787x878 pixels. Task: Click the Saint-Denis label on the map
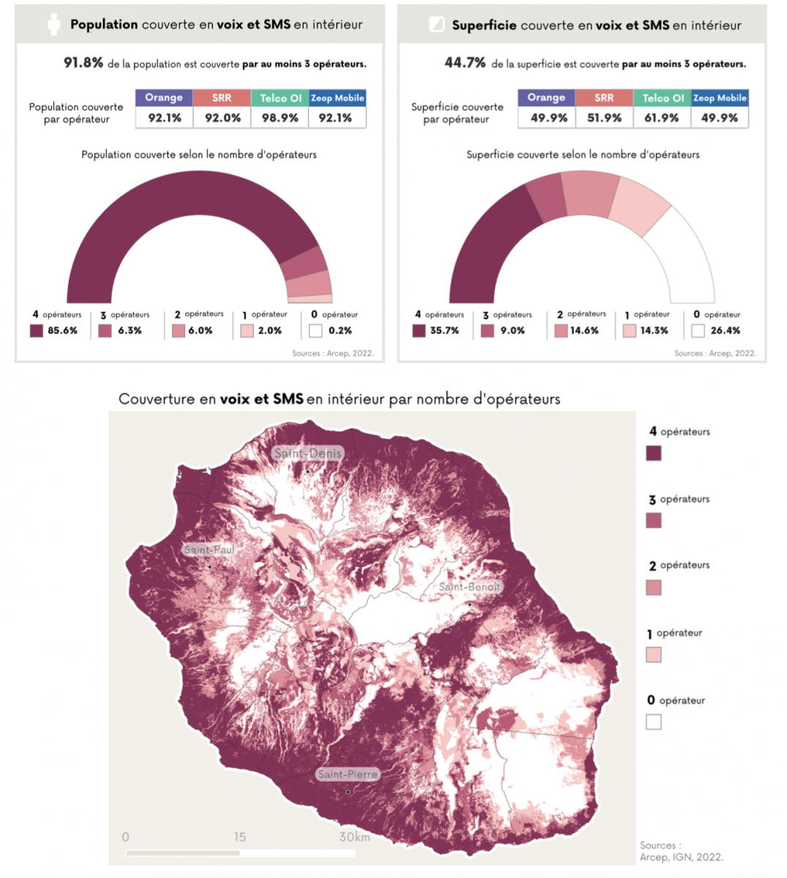307,453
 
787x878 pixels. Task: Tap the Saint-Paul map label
209,549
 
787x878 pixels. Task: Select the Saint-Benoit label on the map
469,587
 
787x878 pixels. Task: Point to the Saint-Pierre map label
348,774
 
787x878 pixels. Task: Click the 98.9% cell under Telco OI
280,117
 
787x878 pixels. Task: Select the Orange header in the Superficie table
546,97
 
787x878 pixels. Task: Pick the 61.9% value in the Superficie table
662,117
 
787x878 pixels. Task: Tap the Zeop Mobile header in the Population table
337,97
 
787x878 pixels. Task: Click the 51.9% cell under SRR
604,117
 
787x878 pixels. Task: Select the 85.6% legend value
62,331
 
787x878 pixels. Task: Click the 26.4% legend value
725,331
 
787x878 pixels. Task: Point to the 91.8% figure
83,63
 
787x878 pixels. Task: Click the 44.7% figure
465,63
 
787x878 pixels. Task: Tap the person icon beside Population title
53,24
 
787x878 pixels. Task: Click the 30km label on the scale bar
354,837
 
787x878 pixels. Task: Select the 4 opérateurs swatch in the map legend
654,453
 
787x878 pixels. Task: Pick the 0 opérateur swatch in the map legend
654,722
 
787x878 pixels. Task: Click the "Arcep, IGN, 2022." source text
682,857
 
